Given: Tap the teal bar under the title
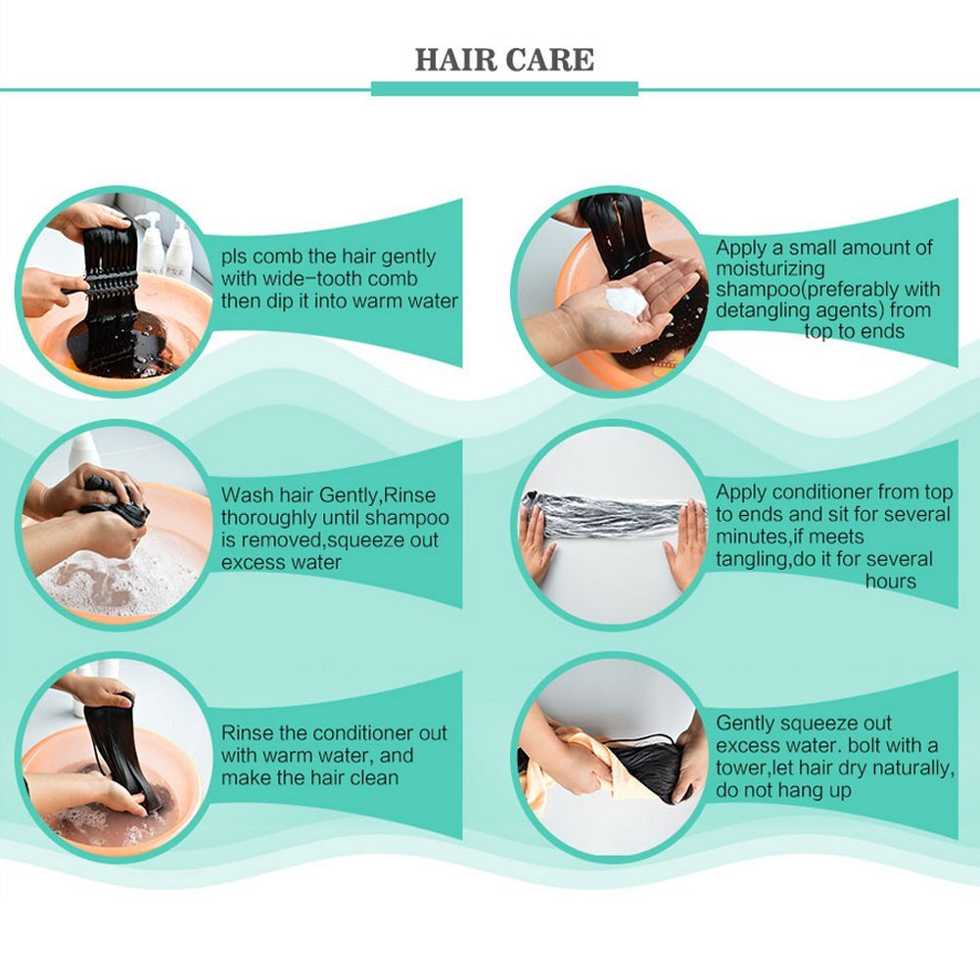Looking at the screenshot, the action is coord(504,89).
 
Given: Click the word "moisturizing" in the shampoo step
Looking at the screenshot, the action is coord(770,269).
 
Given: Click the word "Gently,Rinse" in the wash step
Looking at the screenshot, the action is coord(378,495).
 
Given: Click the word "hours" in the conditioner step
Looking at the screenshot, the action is coord(891,582).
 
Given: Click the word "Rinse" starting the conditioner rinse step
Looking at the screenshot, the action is coord(246,732).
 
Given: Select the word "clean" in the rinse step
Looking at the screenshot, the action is coord(374,778).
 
